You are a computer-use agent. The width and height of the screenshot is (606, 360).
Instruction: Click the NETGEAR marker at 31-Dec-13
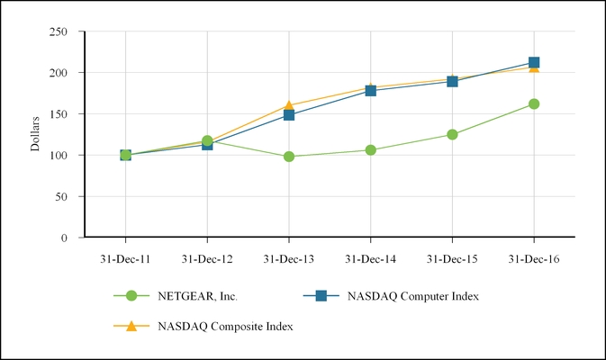[289, 157]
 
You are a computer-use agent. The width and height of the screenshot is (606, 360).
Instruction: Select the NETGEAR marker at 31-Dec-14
[370, 150]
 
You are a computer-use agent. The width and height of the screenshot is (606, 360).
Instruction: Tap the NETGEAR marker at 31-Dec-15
[452, 135]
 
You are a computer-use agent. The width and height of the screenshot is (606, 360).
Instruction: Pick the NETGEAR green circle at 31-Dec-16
[534, 104]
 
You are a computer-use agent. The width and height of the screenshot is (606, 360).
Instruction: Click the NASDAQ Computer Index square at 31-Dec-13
[289, 115]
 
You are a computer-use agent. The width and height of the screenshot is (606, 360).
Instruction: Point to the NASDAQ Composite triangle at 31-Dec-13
[289, 105]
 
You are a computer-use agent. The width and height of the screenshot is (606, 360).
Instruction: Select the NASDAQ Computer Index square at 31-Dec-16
[534, 63]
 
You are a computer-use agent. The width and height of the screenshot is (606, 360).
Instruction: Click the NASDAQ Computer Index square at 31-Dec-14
[370, 90]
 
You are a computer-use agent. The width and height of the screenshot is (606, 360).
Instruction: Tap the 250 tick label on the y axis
[60, 31]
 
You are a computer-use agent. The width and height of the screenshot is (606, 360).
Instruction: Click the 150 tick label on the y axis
[60, 114]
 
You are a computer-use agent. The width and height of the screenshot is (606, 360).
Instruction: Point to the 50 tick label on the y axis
[64, 196]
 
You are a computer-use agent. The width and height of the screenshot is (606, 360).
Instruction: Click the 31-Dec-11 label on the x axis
[125, 258]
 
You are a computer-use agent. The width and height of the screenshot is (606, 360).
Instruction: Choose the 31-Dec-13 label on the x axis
[289, 258]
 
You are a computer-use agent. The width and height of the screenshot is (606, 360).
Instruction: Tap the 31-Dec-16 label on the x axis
[534, 258]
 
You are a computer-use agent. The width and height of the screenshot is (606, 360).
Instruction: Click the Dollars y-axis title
[36, 134]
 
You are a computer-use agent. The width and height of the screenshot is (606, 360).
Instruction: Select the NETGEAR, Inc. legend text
[198, 295]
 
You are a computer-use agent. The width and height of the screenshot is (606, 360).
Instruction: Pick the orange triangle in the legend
[131, 326]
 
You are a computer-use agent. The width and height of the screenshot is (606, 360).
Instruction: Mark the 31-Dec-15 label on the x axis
[452, 258]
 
